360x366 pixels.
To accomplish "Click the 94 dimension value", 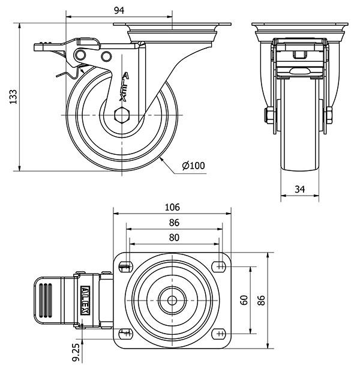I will click(x=119, y=10).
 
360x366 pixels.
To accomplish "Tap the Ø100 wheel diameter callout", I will click(x=193, y=166).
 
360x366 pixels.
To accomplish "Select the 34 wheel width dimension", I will click(x=300, y=190).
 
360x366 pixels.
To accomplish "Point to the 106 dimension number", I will click(x=172, y=207).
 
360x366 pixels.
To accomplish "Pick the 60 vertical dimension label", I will click(x=244, y=299).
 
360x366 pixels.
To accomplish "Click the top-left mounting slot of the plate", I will click(x=126, y=265).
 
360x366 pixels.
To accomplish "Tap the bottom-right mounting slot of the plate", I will click(x=220, y=333).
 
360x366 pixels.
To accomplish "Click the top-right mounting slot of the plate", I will click(x=220, y=265).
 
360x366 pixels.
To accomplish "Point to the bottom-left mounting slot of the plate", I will click(x=126, y=333).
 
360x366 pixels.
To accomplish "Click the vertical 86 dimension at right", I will click(x=261, y=299).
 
